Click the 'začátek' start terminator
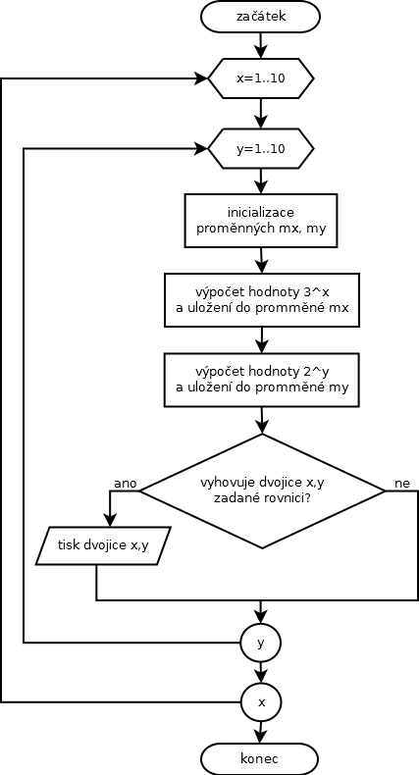(x=260, y=17)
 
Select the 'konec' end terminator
(x=259, y=758)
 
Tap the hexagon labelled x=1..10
(x=261, y=78)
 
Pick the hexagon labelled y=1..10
(x=261, y=149)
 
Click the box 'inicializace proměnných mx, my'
(x=261, y=221)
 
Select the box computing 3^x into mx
(x=262, y=300)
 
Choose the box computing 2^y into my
(x=262, y=379)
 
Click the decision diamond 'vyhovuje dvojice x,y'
(x=262, y=491)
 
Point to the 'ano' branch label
(x=125, y=484)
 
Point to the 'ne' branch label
(x=402, y=484)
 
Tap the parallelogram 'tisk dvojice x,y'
(x=103, y=545)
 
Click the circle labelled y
(x=261, y=644)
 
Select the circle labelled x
(x=261, y=701)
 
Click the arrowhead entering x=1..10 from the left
(x=201, y=78)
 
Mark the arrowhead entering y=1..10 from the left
(x=201, y=148)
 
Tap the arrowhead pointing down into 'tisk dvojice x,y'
(x=110, y=521)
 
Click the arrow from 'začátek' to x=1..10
(x=261, y=45)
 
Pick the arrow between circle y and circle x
(x=261, y=673)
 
